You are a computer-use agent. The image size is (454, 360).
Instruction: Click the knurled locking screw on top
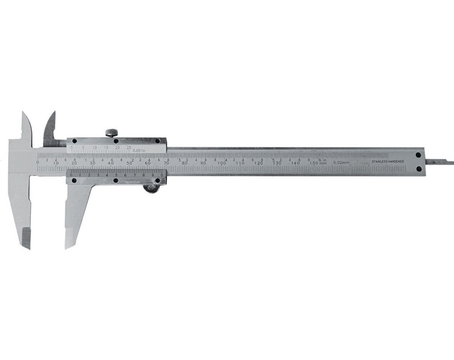[112, 133]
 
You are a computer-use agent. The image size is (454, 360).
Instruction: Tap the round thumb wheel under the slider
[152, 188]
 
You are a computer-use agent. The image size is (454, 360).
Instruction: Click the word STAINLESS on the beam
[380, 161]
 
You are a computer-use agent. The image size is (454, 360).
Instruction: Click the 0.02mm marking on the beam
[341, 162]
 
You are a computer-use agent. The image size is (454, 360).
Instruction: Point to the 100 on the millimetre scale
[221, 163]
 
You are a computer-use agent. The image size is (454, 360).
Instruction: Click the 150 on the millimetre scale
[314, 163]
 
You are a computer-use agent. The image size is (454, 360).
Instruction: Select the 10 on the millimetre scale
[56, 163]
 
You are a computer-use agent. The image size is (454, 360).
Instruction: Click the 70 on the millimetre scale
[166, 163]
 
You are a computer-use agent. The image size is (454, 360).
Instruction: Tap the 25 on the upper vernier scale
[129, 147]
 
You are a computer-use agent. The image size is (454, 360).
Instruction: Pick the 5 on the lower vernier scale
[116, 175]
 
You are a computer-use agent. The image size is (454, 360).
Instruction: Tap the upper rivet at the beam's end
[418, 155]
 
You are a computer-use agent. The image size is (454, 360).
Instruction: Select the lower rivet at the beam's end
[419, 169]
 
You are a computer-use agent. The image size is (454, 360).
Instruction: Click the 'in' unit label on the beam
[324, 160]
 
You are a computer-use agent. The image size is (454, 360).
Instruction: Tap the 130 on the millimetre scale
[277, 163]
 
